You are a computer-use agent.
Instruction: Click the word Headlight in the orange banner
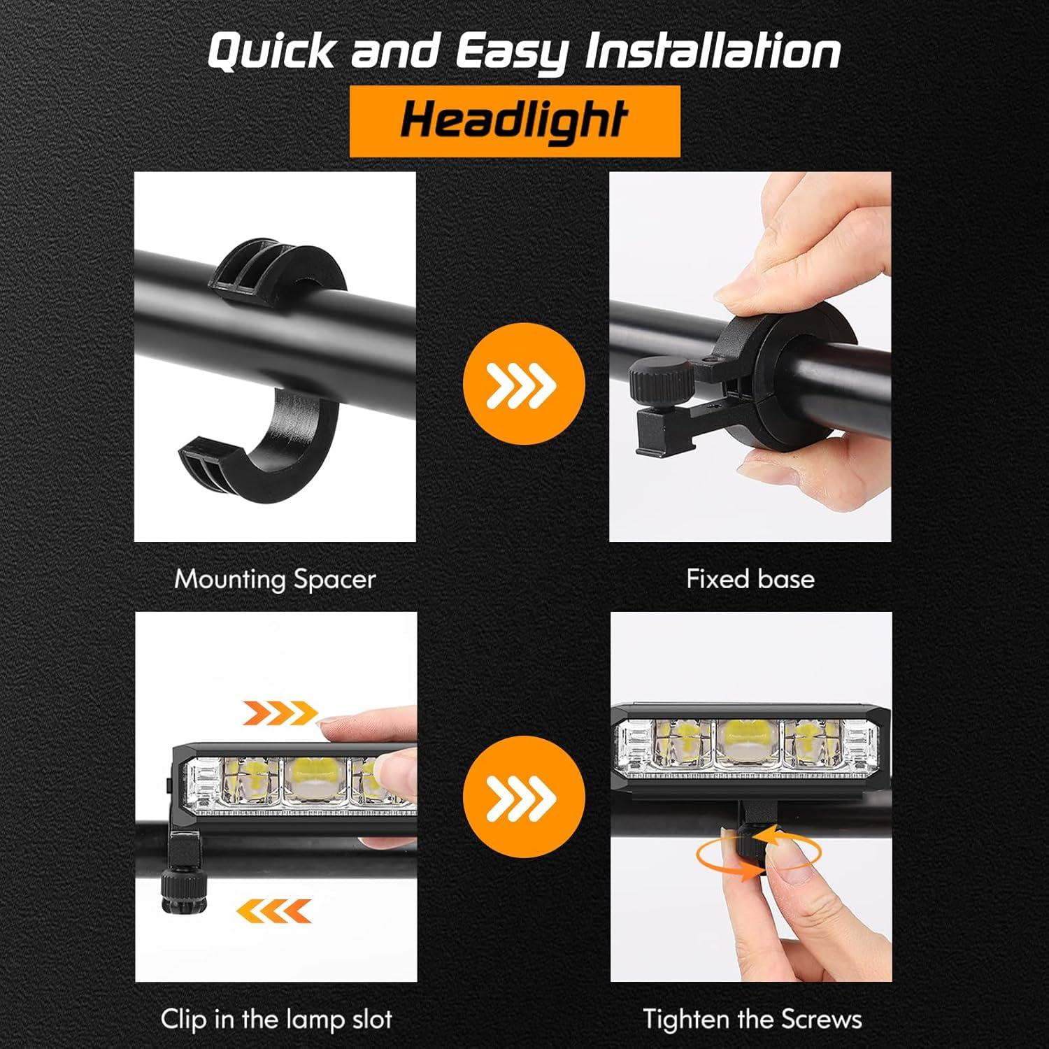click(514, 120)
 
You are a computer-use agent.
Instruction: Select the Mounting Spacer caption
click(275, 579)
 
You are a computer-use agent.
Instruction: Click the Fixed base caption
click(750, 579)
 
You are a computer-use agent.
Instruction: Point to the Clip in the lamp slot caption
click(276, 1019)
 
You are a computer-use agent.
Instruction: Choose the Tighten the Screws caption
click(752, 1019)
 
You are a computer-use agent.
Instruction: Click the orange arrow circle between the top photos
click(524, 384)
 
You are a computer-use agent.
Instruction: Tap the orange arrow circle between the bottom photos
click(524, 798)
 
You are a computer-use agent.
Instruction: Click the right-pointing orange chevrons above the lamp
click(280, 713)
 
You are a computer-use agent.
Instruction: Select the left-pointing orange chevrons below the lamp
click(273, 910)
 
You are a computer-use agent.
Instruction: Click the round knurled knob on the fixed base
click(661, 378)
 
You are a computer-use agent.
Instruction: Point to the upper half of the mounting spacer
click(280, 269)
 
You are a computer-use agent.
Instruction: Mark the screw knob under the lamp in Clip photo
click(180, 888)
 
